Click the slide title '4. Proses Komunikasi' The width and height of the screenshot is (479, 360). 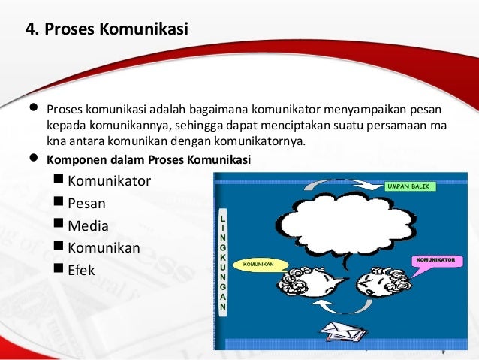coord(107,30)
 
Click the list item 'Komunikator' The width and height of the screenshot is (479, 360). coord(109,181)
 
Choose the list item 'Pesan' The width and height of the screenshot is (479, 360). coord(86,203)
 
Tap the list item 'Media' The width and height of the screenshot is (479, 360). coord(88,225)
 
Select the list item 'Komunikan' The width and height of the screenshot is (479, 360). coord(104,247)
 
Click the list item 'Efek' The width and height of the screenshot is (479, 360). coord(81,270)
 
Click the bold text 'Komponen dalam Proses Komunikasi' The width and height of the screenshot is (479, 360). coord(149,160)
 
